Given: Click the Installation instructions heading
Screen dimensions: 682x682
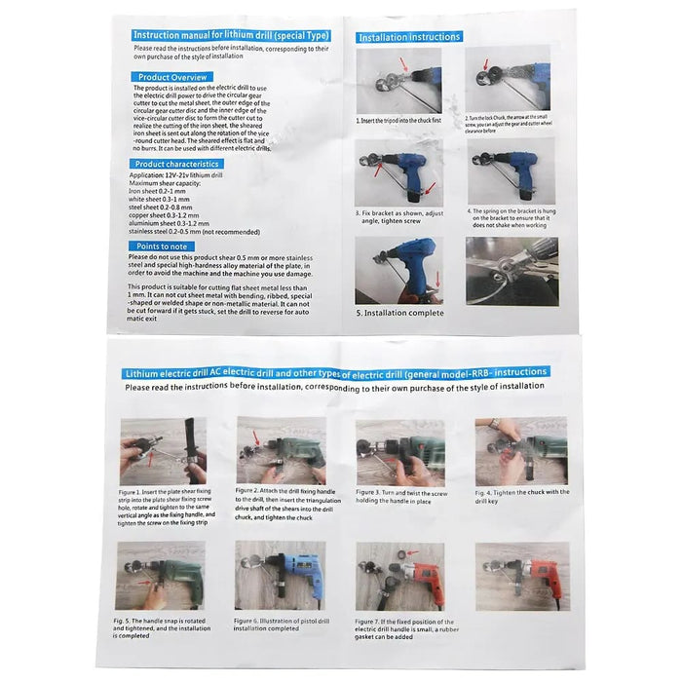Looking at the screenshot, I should pyautogui.click(x=408, y=37).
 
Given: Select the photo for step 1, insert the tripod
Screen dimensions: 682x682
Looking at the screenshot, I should pyautogui.click(x=386, y=81).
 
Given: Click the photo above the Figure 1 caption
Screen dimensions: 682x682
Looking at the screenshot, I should pyautogui.click(x=163, y=451).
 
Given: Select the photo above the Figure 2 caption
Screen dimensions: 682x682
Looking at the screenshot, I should pyautogui.click(x=281, y=448).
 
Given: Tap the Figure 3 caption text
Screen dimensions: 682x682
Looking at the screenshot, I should pyautogui.click(x=400, y=498).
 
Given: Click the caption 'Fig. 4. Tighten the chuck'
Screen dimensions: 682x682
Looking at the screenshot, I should pyautogui.click(x=520, y=497).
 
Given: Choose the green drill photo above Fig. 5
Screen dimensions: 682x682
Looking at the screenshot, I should pyautogui.click(x=160, y=576).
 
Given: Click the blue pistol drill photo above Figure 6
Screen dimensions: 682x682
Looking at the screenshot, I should pyautogui.click(x=281, y=576).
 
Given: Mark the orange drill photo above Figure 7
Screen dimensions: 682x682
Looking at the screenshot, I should pyautogui.click(x=400, y=576).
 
